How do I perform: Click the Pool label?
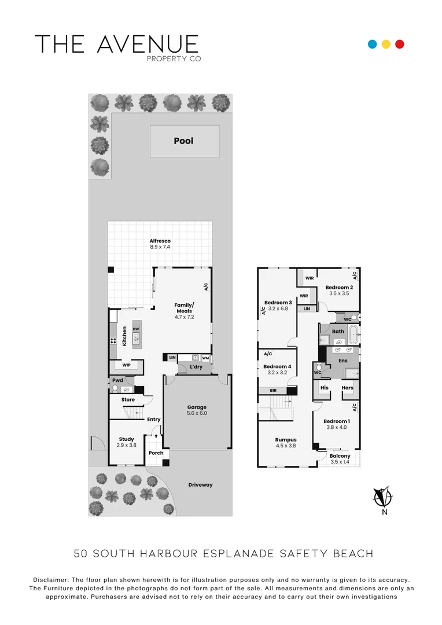183,141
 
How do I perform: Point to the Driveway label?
200,484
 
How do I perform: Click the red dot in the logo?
399,44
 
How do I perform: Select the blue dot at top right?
373,44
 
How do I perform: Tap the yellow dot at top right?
386,44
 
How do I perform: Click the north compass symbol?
382,497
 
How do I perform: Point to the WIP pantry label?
126,365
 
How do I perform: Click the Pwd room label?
117,380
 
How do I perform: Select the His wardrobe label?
325,388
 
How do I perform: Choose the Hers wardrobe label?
347,388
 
